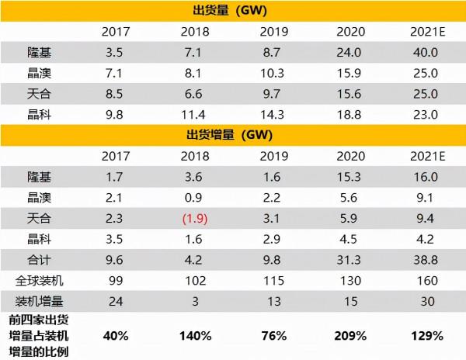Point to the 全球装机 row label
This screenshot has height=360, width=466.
37,281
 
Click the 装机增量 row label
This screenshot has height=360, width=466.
37,301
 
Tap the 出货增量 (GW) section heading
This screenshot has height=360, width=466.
232,134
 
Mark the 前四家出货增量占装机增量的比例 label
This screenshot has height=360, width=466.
38,336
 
